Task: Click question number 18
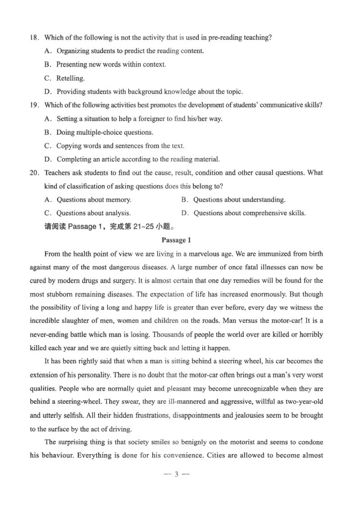pyautogui.click(x=34, y=37)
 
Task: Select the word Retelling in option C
pyautogui.click(x=70, y=78)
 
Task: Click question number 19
pyautogui.click(x=34, y=105)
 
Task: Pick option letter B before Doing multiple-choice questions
pyautogui.click(x=47, y=132)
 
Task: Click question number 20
pyautogui.click(x=35, y=172)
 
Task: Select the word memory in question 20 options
pyautogui.click(x=119, y=199)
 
